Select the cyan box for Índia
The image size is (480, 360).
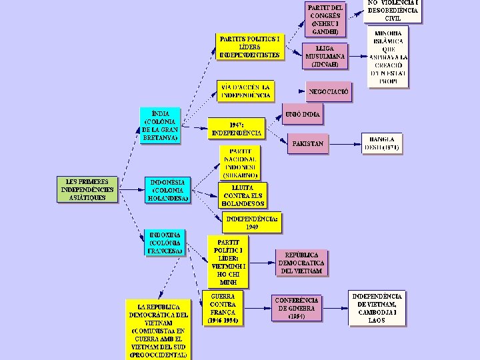click(160, 126)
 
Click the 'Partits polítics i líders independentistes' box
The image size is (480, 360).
click(250, 47)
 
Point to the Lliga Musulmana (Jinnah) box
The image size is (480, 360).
click(325, 57)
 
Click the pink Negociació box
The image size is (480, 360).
click(328, 92)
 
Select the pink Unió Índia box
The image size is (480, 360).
click(303, 115)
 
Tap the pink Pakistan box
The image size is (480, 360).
click(307, 144)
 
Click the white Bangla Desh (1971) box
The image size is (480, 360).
click(382, 144)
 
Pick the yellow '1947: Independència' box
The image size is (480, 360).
click(236, 129)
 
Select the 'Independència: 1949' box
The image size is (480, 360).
click(252, 223)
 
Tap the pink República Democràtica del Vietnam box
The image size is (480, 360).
click(302, 263)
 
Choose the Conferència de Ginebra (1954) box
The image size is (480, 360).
click(297, 308)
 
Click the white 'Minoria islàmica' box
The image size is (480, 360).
click(388, 58)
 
